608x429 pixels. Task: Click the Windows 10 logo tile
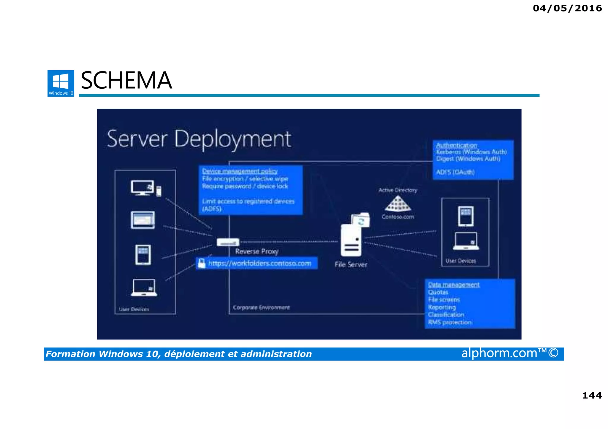click(61, 83)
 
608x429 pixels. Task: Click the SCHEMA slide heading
click(126, 81)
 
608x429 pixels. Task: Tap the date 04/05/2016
click(567, 8)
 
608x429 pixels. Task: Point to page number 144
click(592, 395)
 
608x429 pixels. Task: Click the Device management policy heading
click(240, 171)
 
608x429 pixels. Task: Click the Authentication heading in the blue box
click(456, 145)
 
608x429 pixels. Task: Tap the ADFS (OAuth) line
click(455, 172)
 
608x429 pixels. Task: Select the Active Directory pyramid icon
click(398, 204)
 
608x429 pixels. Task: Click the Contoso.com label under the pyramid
click(398, 217)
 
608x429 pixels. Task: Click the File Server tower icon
click(351, 240)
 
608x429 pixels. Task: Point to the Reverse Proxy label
click(257, 251)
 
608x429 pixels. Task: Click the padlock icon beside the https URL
click(202, 263)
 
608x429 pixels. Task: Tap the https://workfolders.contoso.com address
click(259, 263)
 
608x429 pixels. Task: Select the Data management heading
click(453, 285)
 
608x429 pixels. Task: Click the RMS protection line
click(449, 322)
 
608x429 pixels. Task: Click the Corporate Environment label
click(261, 307)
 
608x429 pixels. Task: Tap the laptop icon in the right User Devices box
click(465, 241)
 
